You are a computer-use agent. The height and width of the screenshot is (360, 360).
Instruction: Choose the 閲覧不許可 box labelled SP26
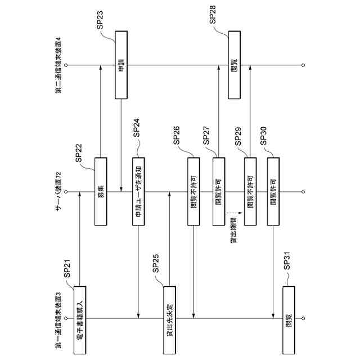click(x=193, y=192)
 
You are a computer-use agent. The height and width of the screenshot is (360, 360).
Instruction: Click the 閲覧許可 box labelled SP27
click(x=218, y=192)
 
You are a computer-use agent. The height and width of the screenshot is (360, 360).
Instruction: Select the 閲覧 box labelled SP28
click(x=235, y=65)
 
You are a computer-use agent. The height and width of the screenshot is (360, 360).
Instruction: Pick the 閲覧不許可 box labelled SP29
click(x=250, y=192)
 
